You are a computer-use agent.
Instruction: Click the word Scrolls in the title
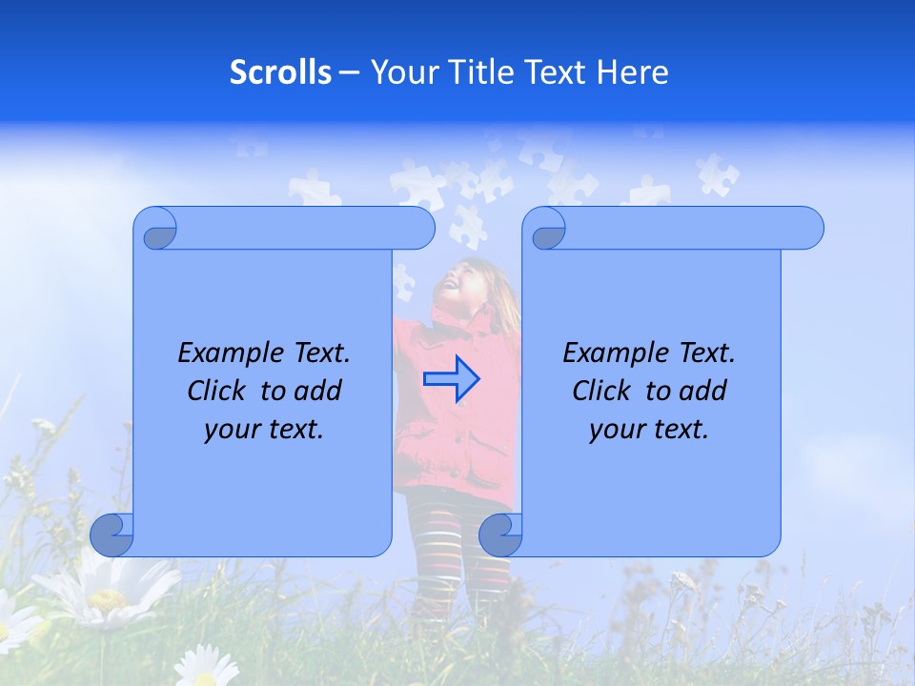[x=280, y=72]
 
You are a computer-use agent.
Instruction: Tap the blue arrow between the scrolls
[x=451, y=378]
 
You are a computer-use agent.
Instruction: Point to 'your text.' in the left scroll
[x=264, y=430]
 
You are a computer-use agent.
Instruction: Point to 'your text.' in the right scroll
[x=649, y=430]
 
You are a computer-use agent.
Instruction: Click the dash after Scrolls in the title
[x=349, y=72]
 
